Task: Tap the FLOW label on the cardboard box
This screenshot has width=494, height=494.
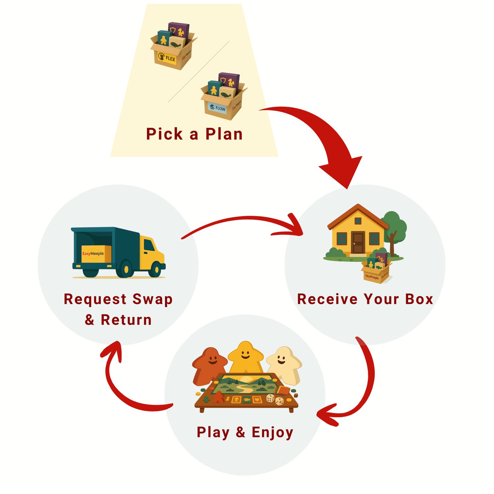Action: click(217, 108)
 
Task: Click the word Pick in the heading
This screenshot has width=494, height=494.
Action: click(164, 134)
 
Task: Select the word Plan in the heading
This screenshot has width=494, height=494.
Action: click(224, 134)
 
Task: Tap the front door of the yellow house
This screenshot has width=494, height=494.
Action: click(358, 243)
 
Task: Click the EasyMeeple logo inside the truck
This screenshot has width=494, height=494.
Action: click(93, 254)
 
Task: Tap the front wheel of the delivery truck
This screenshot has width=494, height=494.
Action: click(155, 269)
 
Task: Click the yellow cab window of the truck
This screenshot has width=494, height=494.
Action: click(149, 245)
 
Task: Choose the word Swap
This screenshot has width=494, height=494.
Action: click(152, 299)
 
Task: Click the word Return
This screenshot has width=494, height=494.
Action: click(126, 320)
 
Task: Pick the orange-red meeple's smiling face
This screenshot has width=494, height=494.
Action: click(211, 359)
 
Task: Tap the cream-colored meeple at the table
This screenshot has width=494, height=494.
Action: click(283, 364)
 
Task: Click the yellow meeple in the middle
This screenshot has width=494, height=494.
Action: click(245, 357)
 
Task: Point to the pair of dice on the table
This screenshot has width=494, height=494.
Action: click(275, 399)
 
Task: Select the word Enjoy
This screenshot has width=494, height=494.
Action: click(272, 432)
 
